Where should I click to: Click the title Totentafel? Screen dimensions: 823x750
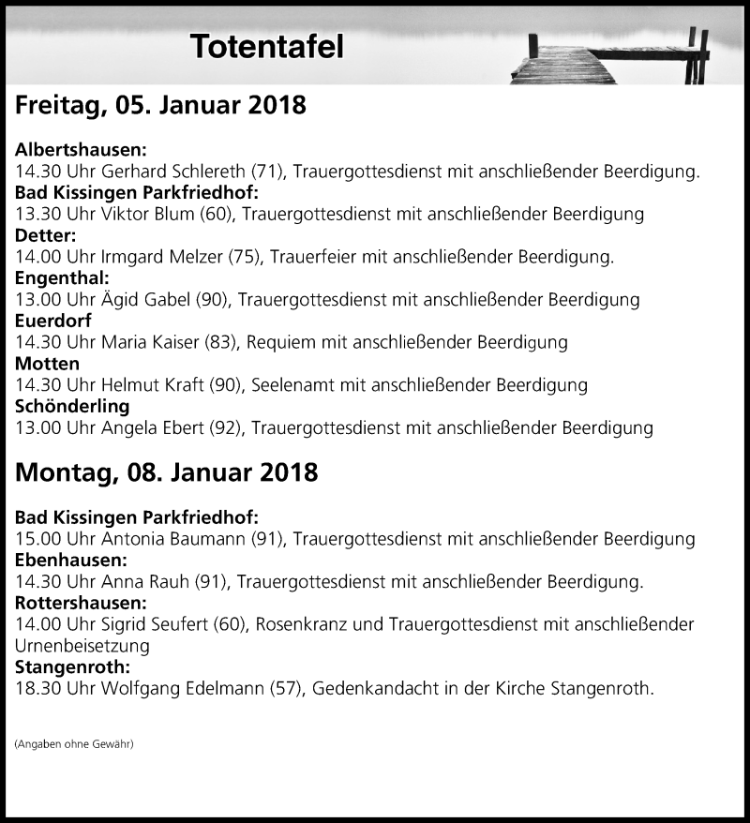(266, 47)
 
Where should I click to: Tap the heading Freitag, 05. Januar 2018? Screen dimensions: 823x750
(160, 105)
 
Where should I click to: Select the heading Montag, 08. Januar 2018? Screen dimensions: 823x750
(166, 473)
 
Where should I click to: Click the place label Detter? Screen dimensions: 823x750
(46, 235)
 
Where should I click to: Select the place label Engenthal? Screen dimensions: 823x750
(63, 278)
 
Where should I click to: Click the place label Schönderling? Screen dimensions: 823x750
(73, 407)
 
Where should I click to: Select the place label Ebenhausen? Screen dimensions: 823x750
(72, 561)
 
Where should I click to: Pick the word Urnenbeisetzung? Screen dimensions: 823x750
(82, 646)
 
